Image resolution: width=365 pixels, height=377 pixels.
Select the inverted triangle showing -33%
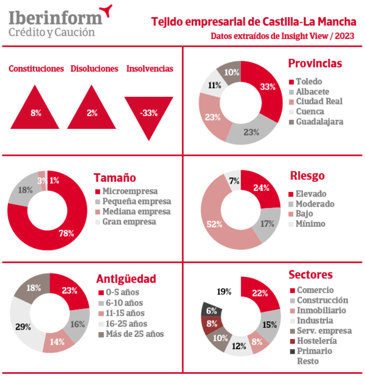149,110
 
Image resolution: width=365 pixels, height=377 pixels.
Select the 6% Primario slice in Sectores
211,310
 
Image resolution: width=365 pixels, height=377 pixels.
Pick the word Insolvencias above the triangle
150,69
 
